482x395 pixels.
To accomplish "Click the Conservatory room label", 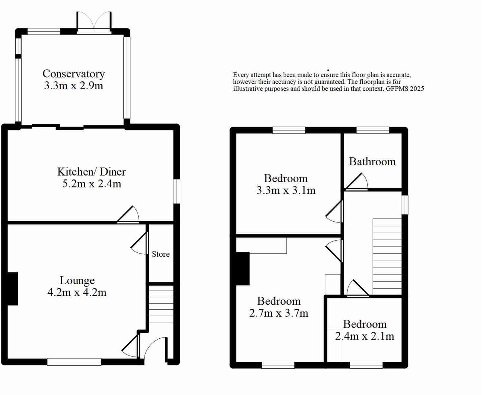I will point(74,74).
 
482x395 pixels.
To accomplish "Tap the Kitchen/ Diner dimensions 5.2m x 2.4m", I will point(91,184).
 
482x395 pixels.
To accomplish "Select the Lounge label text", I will point(77,281).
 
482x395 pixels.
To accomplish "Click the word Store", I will point(161,254).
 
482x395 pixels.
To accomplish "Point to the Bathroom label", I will point(372,162).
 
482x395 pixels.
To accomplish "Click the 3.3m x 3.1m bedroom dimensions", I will point(286,191).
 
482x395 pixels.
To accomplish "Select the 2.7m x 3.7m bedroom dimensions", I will point(279,313).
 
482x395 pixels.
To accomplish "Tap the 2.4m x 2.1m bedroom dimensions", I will point(365,336).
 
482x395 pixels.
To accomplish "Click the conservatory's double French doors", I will point(94,23).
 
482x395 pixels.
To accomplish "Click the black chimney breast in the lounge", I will point(12,289).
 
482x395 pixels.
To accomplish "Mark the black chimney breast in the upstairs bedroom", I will point(243,269).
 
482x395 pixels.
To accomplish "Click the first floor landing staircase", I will point(387,256).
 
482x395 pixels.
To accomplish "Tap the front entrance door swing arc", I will point(154,349).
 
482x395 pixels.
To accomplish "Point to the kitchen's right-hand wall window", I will point(177,191).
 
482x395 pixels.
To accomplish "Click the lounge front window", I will point(74,362).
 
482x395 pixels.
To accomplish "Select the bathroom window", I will point(373,130).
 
